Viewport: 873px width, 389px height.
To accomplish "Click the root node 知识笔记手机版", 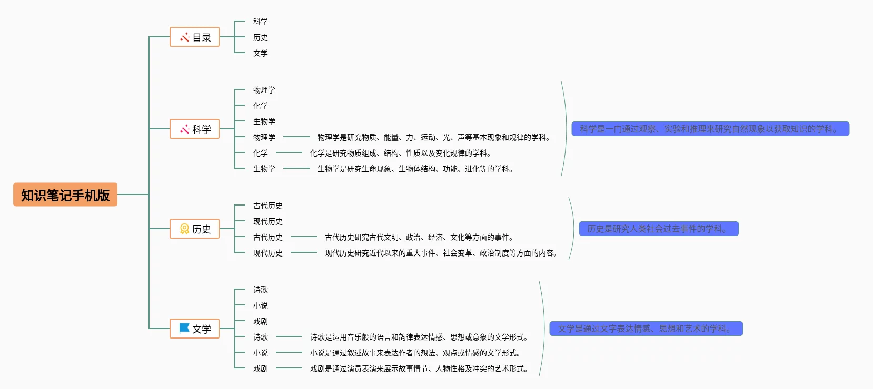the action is coord(65,194).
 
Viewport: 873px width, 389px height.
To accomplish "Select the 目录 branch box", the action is coord(194,37).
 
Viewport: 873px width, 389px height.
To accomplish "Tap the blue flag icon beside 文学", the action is coord(184,329).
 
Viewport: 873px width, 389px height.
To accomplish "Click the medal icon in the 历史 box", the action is coord(184,229).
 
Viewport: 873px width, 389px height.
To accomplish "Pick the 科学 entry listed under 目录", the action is coord(260,22).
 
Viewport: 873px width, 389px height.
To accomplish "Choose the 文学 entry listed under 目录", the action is coord(260,53).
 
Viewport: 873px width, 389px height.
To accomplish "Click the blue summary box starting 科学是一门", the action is coord(710,129).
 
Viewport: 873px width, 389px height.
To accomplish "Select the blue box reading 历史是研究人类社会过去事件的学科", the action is coord(658,229).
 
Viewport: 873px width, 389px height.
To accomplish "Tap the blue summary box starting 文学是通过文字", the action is coord(646,329).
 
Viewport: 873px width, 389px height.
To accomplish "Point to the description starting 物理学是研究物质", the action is coord(435,137).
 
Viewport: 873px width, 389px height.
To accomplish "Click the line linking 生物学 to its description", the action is coord(296,168).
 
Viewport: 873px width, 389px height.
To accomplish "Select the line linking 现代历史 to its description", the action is coord(303,252).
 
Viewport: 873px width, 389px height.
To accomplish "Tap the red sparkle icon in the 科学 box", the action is coord(184,129).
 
